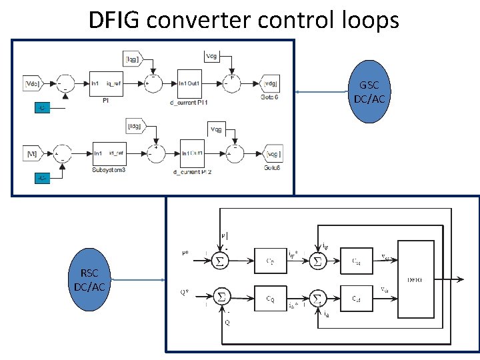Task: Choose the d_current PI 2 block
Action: [x=195, y=154]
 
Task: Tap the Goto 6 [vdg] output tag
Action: [x=271, y=83]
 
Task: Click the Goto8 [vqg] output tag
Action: [x=273, y=153]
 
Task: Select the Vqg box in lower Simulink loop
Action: [x=217, y=128]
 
